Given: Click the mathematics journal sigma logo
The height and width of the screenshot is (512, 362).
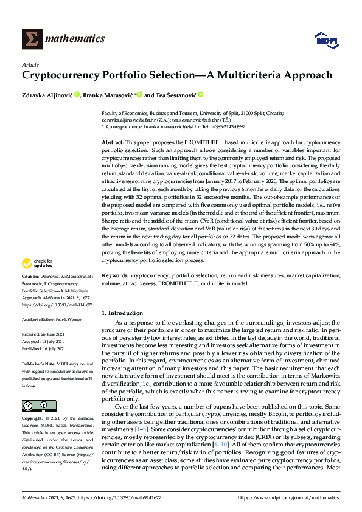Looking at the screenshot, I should click(32, 38).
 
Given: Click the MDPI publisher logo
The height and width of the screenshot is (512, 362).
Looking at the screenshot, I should click(325, 40).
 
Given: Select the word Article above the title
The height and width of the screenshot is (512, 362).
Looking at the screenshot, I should click(30, 64).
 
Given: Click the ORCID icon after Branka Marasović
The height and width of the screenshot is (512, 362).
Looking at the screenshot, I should click(139, 94).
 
